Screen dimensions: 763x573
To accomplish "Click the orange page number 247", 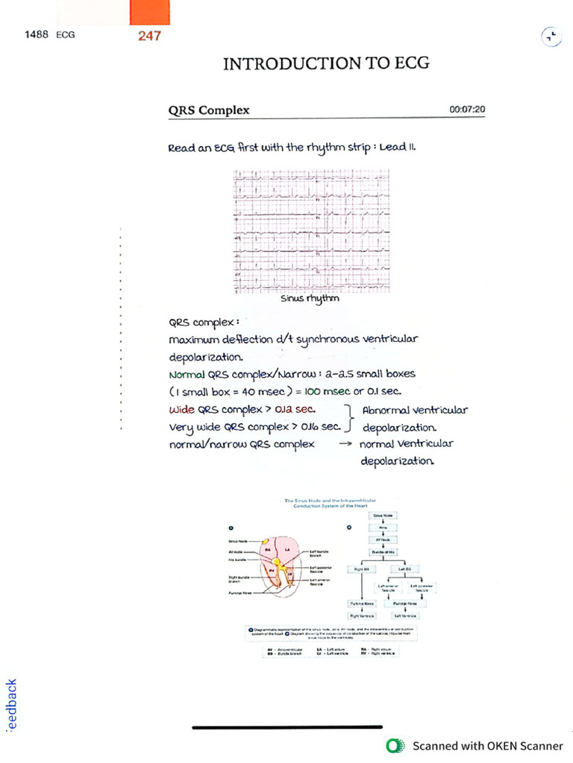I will pyautogui.click(x=149, y=36).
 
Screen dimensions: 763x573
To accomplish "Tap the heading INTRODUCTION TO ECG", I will pyautogui.click(x=326, y=63).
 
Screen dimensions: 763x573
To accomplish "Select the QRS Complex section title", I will pyautogui.click(x=209, y=110).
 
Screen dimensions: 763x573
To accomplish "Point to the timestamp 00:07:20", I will pyautogui.click(x=467, y=110).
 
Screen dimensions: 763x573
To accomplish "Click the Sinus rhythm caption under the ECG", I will pyautogui.click(x=310, y=300).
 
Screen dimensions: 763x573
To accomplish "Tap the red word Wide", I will pyautogui.click(x=181, y=409).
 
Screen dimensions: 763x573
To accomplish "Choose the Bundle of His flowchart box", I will pyautogui.click(x=383, y=551).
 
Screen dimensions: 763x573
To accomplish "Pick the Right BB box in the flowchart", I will pyautogui.click(x=362, y=569).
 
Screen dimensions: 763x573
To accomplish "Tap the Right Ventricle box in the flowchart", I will pyautogui.click(x=362, y=616).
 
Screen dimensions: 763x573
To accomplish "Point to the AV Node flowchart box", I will pyautogui.click(x=383, y=539).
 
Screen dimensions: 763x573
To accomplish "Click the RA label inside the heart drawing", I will pyautogui.click(x=267, y=549).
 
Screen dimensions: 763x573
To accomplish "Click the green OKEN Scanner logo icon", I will pyautogui.click(x=393, y=745).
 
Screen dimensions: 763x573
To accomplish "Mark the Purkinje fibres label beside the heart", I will pyautogui.click(x=239, y=593).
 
